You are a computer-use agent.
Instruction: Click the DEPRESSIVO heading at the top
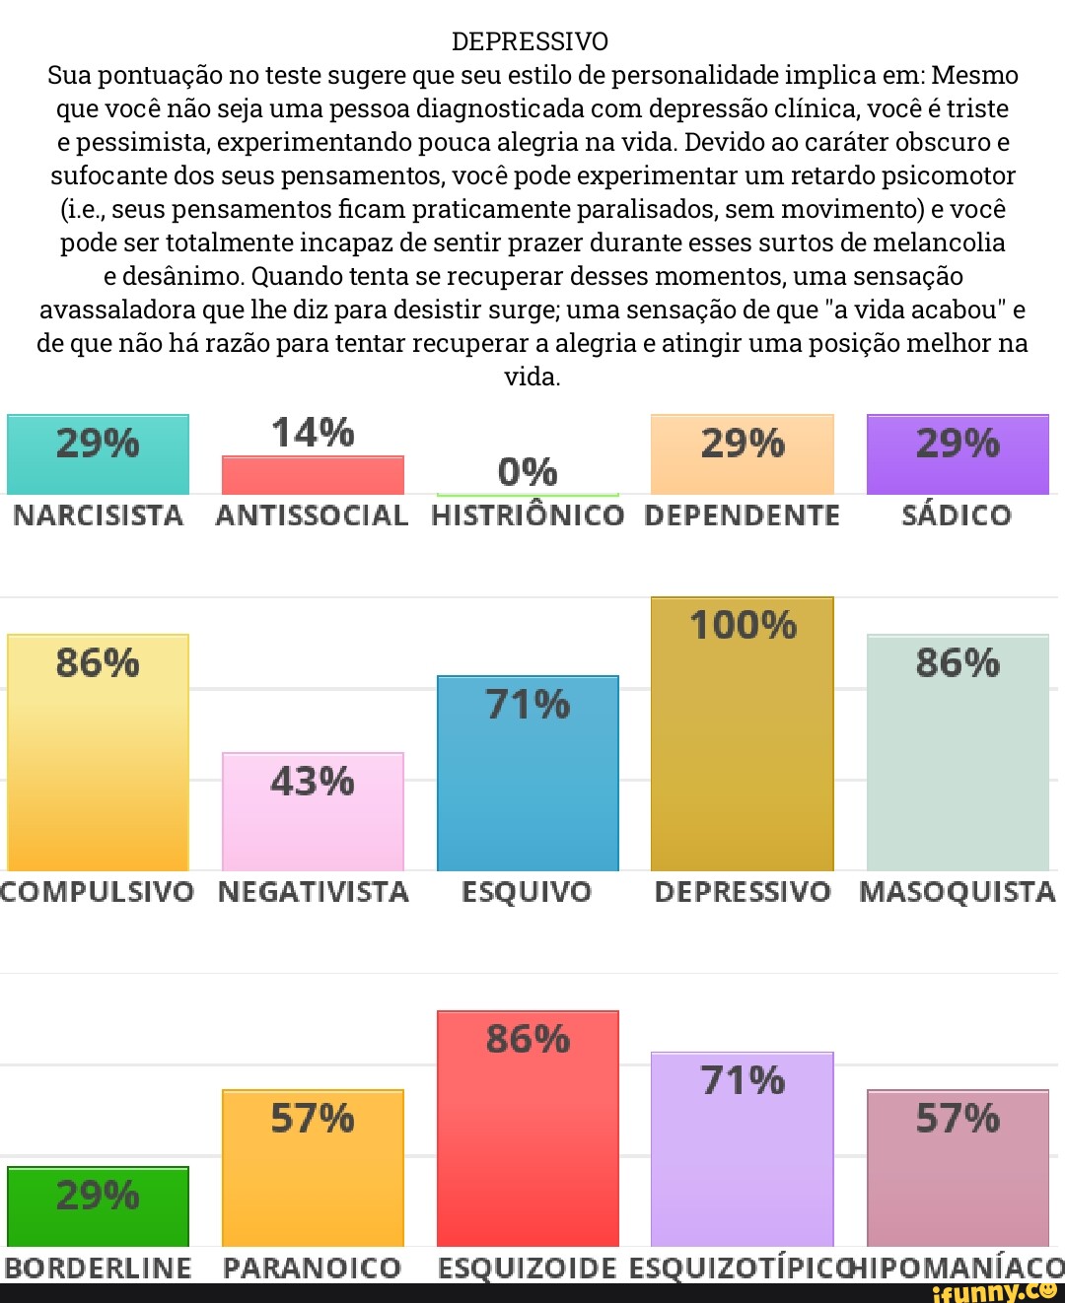coord(531,41)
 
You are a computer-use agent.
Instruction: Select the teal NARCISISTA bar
coord(98,454)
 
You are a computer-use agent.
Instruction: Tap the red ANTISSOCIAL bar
coord(313,475)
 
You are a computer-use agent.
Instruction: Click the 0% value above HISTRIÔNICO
coord(528,472)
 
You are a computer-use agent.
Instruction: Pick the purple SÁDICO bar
coord(958,454)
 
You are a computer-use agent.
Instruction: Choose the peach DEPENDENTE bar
coord(743,454)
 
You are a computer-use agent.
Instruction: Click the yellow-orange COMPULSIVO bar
coord(98,753)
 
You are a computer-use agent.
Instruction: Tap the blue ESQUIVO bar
coord(528,774)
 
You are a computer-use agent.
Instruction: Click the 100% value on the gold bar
coord(743,625)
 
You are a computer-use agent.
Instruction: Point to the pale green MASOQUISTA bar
coord(958,753)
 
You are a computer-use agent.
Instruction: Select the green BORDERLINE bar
coord(98,1206)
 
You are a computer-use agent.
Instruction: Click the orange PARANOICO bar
coord(313,1168)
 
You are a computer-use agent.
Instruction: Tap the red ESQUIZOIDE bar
coord(528,1129)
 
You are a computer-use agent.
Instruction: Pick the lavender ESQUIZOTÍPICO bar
coord(743,1149)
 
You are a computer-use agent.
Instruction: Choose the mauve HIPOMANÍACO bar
coord(958,1168)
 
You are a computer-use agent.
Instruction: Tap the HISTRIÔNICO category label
coord(528,515)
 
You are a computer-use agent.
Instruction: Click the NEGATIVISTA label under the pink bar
coord(313,892)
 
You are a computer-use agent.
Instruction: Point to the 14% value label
coord(313,433)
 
